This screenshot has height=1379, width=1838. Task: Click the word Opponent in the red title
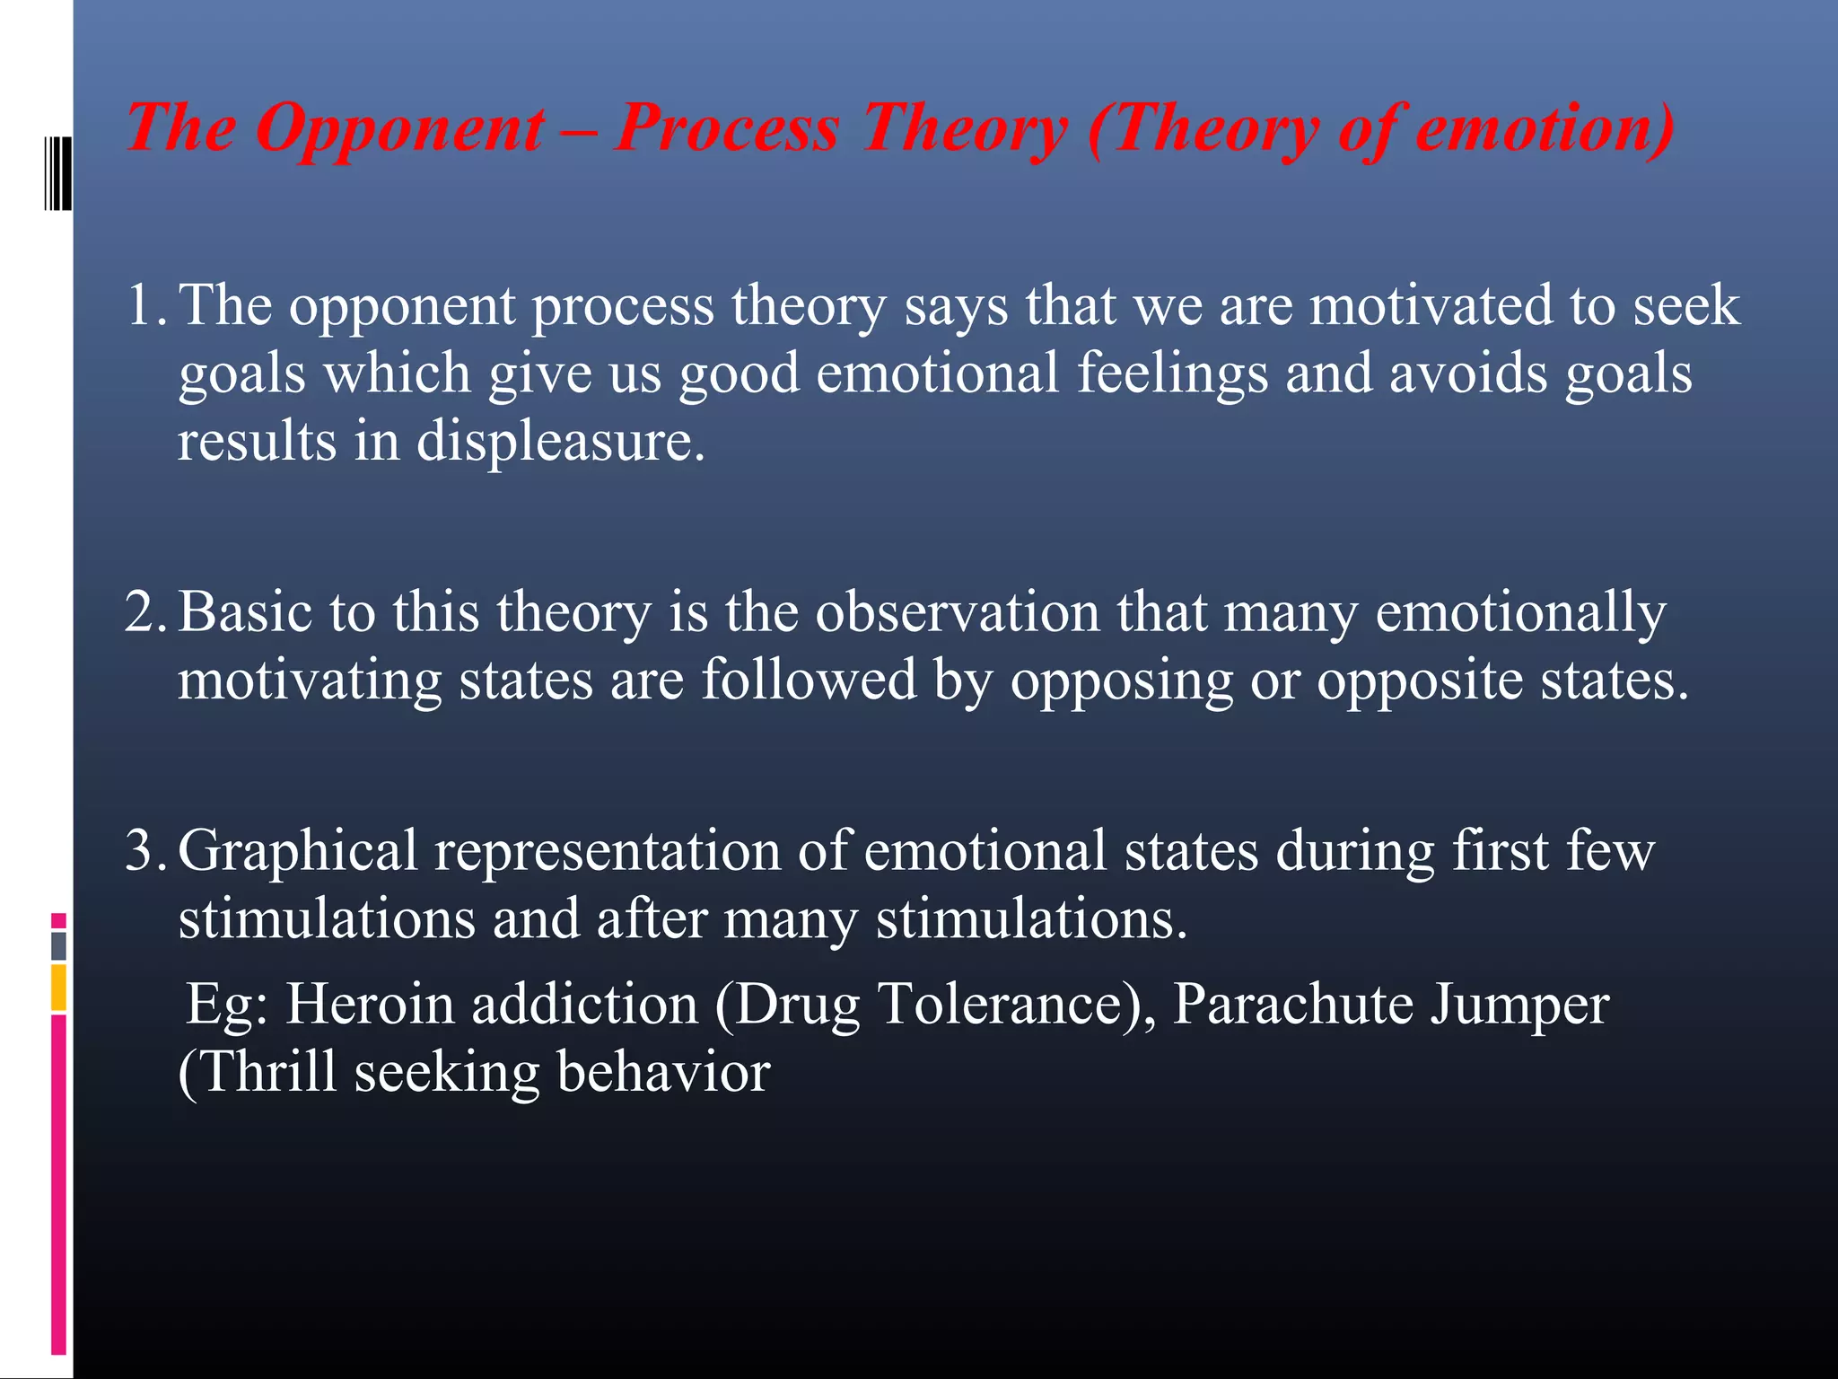tap(399, 127)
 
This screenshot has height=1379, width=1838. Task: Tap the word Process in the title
tap(727, 127)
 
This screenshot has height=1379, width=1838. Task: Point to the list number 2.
tap(144, 612)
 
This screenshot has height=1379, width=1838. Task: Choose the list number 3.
tap(144, 850)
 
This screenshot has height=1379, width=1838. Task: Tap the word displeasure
tap(560, 442)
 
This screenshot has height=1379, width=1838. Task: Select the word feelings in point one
tap(1172, 373)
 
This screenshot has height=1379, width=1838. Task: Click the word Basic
tap(244, 612)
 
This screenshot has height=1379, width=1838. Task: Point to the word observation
tap(957, 612)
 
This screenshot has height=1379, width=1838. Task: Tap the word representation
tap(608, 850)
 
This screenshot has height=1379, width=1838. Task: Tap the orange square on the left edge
tap(58, 987)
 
